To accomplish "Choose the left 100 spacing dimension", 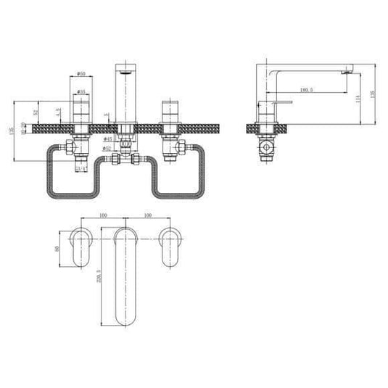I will (x=101, y=215).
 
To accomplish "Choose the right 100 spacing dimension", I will (x=148, y=215).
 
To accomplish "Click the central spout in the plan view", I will (x=125, y=276).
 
